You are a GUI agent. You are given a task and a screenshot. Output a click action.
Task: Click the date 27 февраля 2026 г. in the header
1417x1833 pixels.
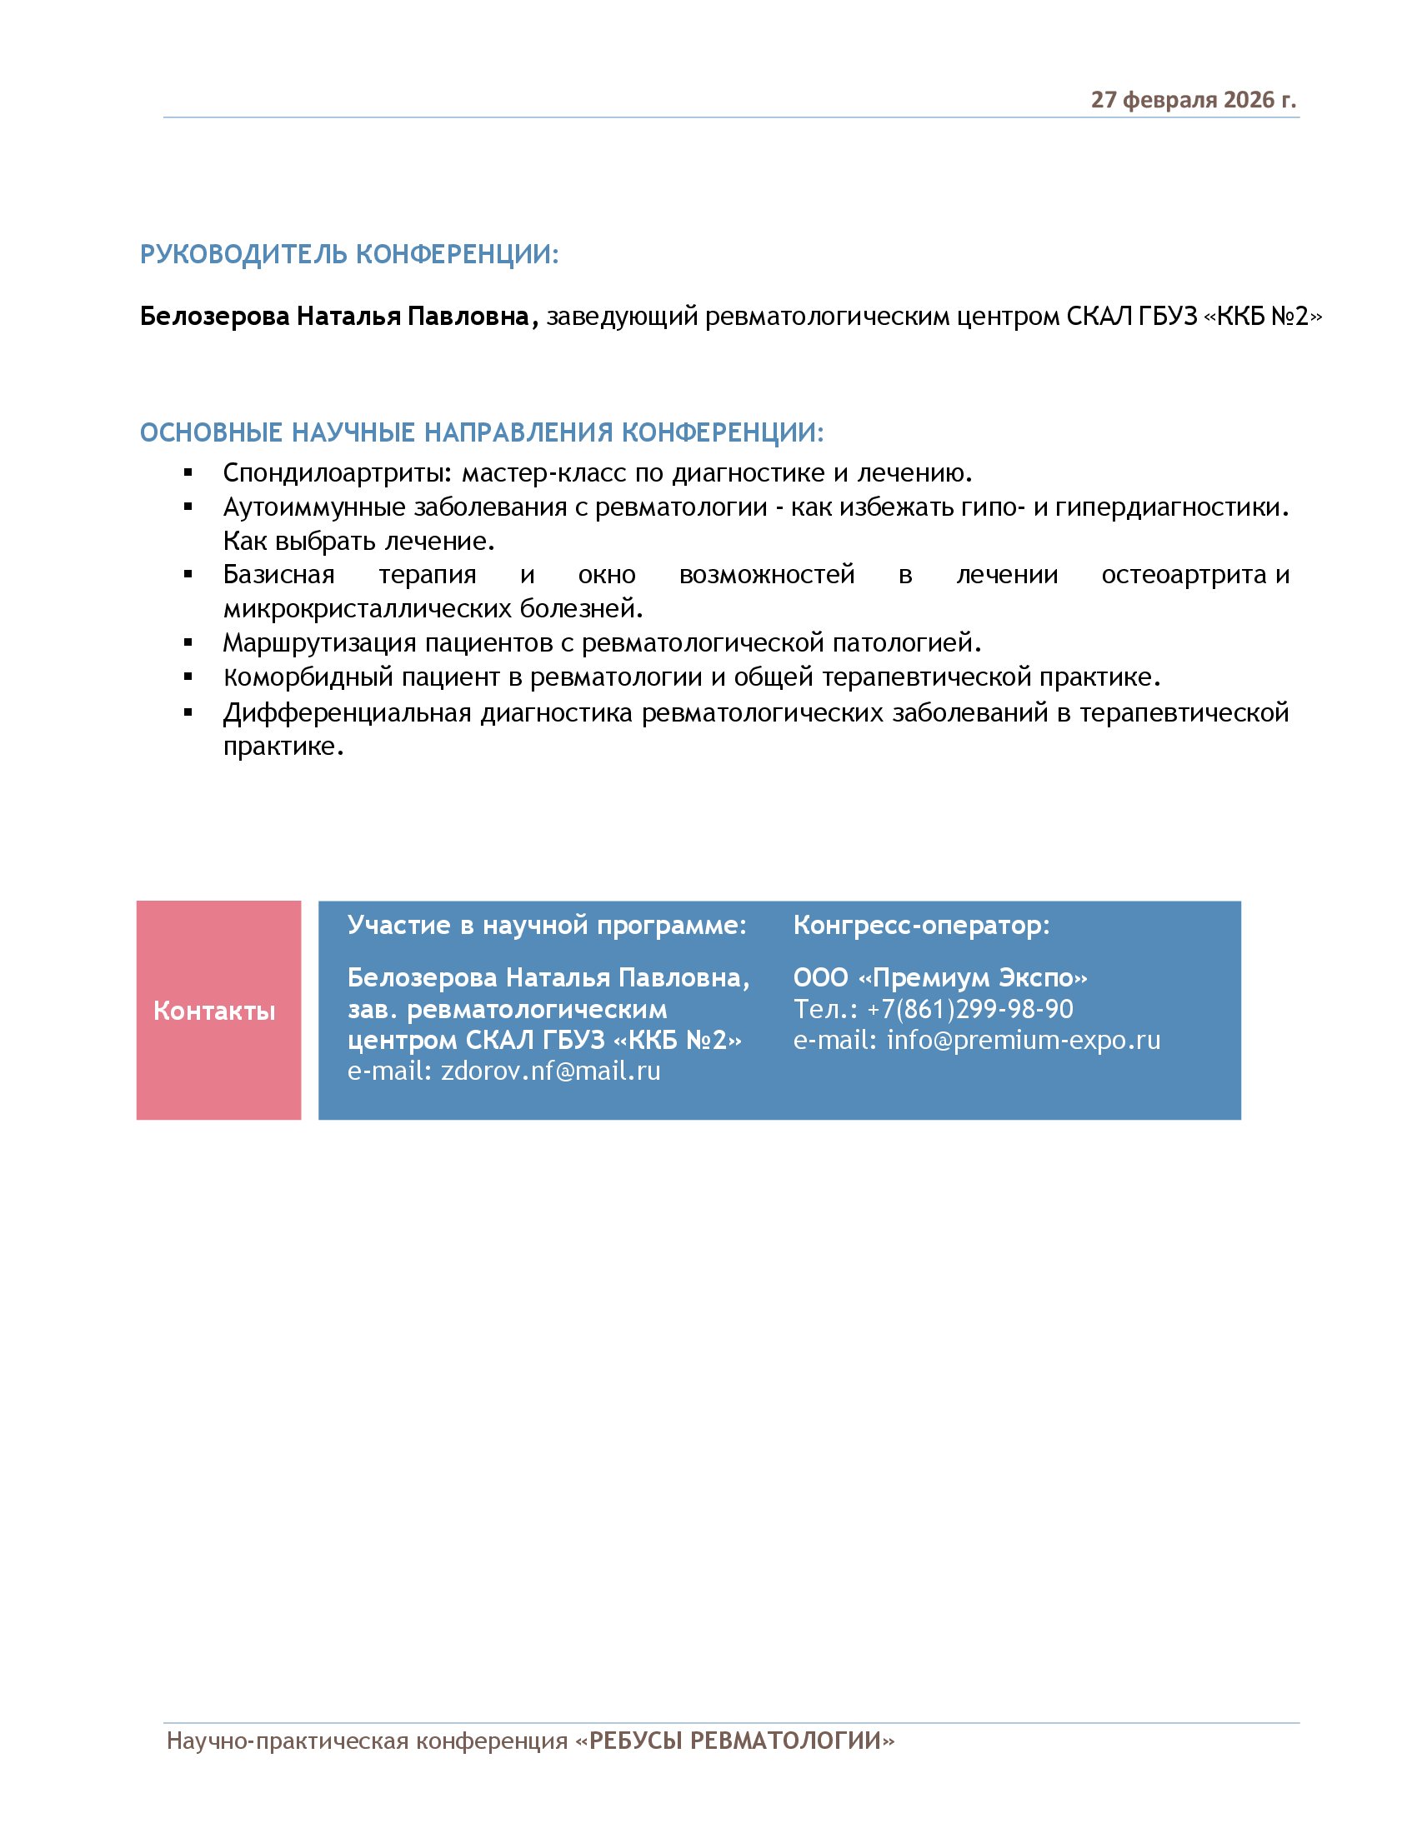[1192, 100]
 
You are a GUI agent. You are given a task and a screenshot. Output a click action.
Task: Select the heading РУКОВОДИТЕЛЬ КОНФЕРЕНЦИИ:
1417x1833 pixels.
[349, 254]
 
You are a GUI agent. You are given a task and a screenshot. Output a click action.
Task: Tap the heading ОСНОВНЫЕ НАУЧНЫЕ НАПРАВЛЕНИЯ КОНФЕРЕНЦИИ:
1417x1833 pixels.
[482, 432]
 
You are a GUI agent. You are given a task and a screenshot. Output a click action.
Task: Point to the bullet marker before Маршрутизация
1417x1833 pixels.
[189, 644]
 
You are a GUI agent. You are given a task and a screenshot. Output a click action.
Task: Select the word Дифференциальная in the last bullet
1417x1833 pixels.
[347, 712]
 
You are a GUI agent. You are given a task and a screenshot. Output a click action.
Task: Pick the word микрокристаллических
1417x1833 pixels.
[367, 608]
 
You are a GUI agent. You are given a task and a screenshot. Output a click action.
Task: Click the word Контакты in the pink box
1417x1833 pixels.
[214, 1011]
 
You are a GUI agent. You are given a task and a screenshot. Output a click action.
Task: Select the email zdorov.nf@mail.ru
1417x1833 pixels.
[551, 1071]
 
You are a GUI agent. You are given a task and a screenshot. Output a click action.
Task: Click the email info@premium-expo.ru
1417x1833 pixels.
[1024, 1040]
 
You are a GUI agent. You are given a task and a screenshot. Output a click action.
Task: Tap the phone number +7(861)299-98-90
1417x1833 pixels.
[969, 1009]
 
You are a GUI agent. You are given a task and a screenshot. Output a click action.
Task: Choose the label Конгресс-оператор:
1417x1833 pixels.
[921, 925]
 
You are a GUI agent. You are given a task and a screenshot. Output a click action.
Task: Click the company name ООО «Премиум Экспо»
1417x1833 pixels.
[939, 978]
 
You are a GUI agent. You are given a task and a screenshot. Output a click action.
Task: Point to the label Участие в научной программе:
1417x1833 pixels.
[547, 925]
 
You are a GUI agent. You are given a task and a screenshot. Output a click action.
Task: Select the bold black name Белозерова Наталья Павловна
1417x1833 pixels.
[335, 317]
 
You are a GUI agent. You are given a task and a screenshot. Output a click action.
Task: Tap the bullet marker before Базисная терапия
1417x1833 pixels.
[189, 575]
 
